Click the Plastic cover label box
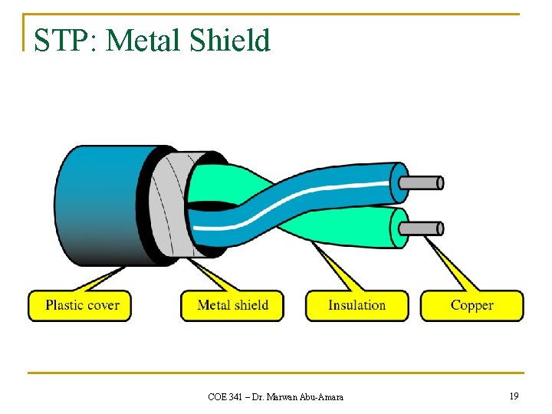pyautogui.click(x=80, y=305)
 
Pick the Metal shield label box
pyautogui.click(x=232, y=305)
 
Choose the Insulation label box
pyautogui.click(x=356, y=305)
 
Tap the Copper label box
pyautogui.click(x=472, y=305)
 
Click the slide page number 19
pyautogui.click(x=513, y=396)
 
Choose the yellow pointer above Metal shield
pyautogui.click(x=207, y=276)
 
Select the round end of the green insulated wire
pyautogui.click(x=399, y=228)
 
